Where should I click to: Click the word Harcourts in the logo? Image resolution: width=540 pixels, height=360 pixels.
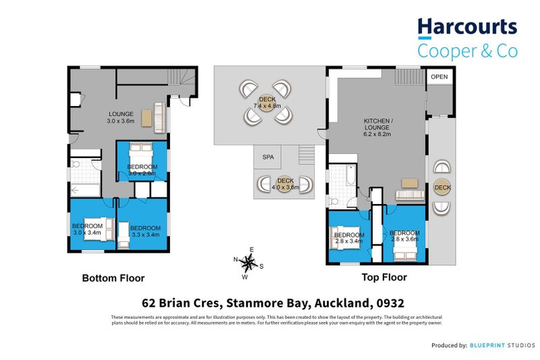click(x=467, y=28)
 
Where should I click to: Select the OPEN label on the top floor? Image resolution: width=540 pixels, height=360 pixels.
click(x=439, y=76)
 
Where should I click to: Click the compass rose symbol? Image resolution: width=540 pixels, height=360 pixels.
click(x=248, y=263)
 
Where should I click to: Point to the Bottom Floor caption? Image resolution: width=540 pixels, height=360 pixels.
click(x=113, y=278)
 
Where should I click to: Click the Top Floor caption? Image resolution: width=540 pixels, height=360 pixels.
click(x=383, y=277)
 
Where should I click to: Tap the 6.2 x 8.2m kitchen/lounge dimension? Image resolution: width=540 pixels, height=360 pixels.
click(x=378, y=134)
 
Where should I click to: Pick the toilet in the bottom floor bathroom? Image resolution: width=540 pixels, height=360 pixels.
click(x=76, y=164)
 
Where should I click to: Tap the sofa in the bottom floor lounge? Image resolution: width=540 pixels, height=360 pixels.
click(x=159, y=118)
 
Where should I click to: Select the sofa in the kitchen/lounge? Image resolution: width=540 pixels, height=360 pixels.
click(x=409, y=196)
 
